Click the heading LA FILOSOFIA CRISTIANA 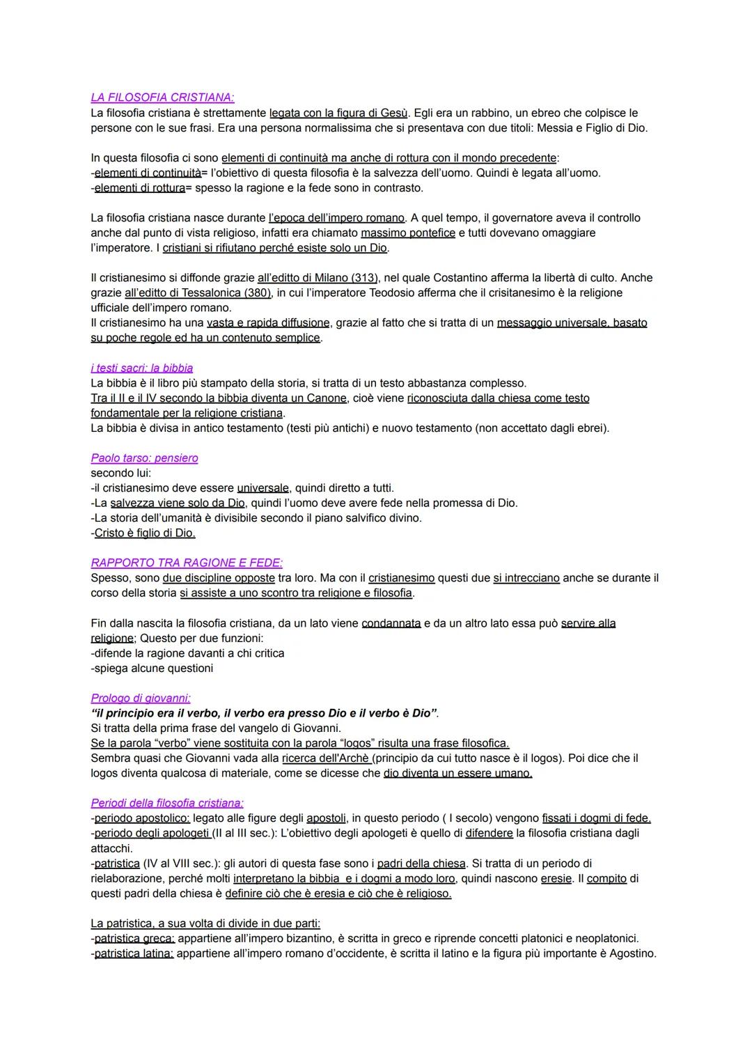(162, 97)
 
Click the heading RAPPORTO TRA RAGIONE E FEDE (187, 563)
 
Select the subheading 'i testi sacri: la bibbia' (141, 368)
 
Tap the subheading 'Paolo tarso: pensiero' (144, 458)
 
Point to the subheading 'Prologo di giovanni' (140, 698)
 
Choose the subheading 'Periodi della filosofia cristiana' (167, 803)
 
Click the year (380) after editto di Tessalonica (258, 293)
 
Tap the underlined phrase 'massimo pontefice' (408, 233)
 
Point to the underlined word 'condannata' (391, 623)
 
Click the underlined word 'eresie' (556, 879)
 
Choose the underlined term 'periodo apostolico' (141, 818)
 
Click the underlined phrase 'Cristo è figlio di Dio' (145, 533)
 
